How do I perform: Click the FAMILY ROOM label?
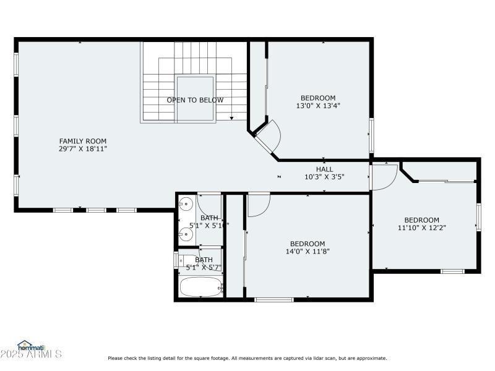(83, 141)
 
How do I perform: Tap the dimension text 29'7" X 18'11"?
(83, 149)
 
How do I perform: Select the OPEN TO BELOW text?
(195, 100)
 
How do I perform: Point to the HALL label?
(324, 169)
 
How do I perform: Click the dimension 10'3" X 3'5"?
(324, 177)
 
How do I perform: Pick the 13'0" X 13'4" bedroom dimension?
(318, 106)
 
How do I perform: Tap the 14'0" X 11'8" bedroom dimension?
(308, 252)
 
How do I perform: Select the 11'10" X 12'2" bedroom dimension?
(422, 228)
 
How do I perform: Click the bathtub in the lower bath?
(200, 287)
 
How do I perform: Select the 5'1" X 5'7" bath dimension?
(204, 268)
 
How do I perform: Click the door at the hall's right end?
(383, 176)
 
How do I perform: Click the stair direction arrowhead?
(231, 117)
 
